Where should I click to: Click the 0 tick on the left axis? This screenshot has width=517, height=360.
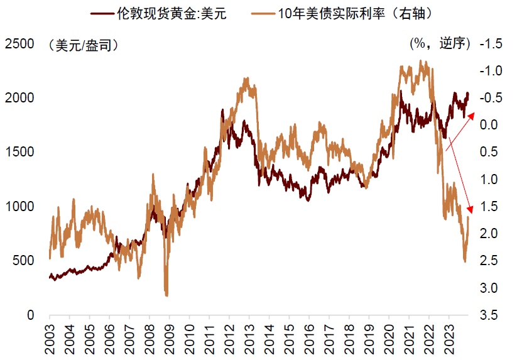[x=29, y=315]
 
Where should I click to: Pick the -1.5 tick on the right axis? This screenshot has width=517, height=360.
[x=491, y=44]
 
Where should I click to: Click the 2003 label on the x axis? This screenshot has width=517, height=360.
[x=50, y=336]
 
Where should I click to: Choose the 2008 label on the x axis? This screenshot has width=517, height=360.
[x=149, y=336]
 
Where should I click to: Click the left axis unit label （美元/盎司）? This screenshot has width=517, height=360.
[x=82, y=45]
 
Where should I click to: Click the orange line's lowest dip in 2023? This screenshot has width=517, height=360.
[x=465, y=261]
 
